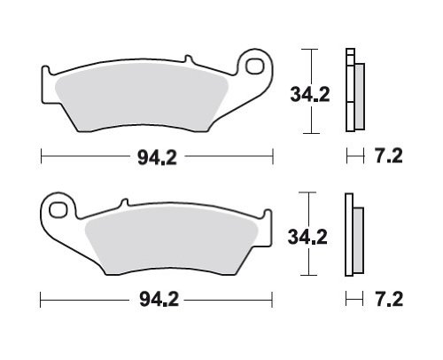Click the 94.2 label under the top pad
157,157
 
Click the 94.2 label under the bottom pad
159,300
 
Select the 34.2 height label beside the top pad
310,95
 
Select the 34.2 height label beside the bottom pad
307,237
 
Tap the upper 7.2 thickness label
389,156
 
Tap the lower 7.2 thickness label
389,299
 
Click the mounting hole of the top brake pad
255,67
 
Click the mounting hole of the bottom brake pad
58,210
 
